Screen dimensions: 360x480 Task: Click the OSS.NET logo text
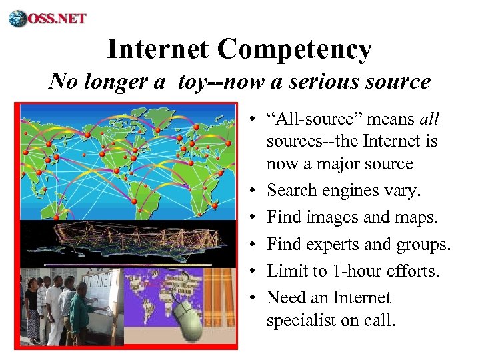57,17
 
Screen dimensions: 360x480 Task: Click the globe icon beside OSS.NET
18,18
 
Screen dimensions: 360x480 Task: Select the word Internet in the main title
158,49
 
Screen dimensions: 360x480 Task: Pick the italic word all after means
430,119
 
